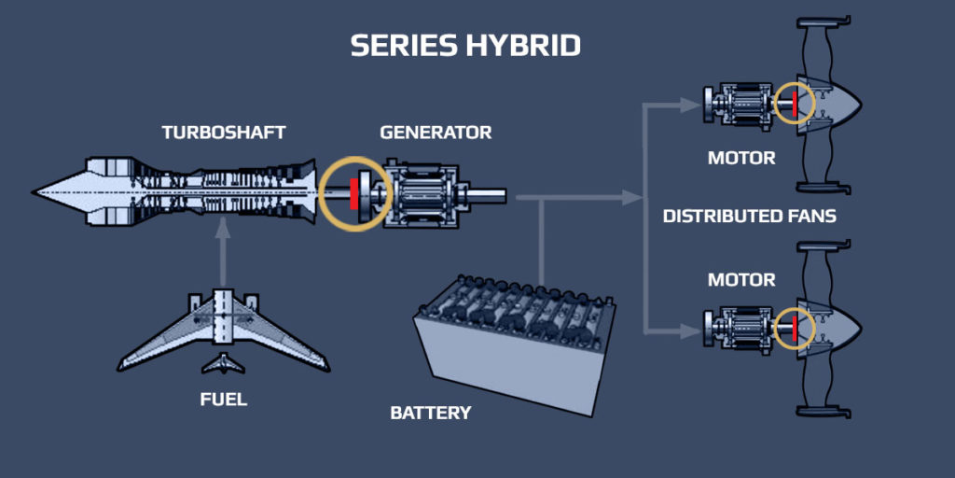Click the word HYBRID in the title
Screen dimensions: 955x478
coord(518,46)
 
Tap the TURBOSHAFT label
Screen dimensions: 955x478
coord(224,133)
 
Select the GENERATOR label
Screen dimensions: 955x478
coord(436,133)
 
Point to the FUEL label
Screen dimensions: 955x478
coord(224,400)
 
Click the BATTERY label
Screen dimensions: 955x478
coord(431,413)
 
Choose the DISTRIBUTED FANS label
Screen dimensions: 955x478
coord(749,216)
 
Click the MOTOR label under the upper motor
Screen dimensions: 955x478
coord(741,159)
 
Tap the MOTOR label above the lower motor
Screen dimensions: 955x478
coord(741,280)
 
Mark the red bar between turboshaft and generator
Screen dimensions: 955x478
coord(353,194)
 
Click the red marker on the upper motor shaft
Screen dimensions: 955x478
coord(795,103)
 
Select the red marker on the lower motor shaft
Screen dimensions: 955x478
coord(795,326)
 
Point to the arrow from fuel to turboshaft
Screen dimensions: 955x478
coord(224,250)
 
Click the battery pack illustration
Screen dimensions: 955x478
coord(515,344)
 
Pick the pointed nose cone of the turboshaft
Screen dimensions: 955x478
coord(60,192)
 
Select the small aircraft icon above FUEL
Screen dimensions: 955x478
coord(223,364)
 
